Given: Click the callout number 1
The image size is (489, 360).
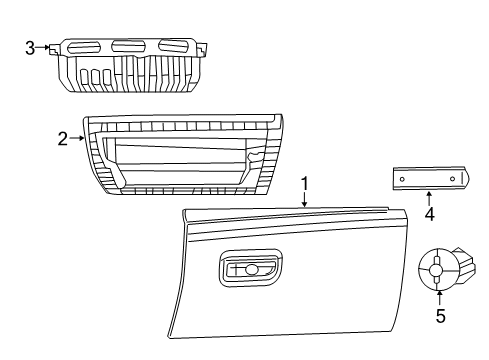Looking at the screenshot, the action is click(x=305, y=183).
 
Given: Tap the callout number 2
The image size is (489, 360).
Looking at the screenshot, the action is click(x=62, y=139).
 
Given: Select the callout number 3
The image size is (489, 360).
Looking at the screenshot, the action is click(x=30, y=46).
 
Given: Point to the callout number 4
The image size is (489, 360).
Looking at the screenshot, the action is click(x=429, y=213).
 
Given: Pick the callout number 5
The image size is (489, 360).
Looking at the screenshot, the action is click(x=439, y=318).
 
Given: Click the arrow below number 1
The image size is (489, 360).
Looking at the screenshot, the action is click(x=305, y=198).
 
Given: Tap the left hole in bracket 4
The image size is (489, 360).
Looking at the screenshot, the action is click(x=402, y=177).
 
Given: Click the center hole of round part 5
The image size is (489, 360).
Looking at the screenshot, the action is click(x=438, y=268).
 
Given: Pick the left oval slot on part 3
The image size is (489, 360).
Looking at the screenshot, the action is click(x=86, y=47).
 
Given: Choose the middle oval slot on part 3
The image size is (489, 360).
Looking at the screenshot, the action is click(x=127, y=46).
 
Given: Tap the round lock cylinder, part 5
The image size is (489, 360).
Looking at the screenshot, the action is click(x=441, y=268).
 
